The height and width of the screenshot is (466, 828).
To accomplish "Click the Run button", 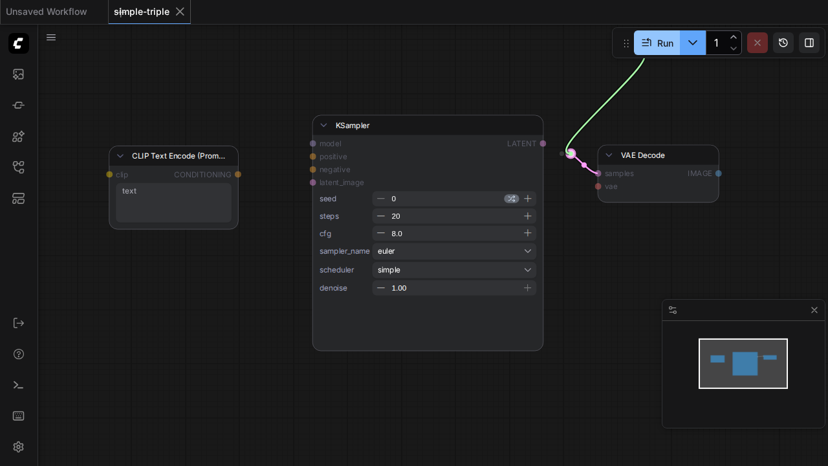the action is point(657,43).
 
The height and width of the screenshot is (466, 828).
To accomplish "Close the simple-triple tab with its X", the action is point(180,12).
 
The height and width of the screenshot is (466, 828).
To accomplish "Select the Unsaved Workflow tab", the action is point(47,12).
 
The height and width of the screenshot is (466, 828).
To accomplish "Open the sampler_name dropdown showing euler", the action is point(454,251).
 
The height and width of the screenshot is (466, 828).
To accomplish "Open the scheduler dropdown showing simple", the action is point(454,270).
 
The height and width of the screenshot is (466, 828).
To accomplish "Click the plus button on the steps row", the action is point(527,216).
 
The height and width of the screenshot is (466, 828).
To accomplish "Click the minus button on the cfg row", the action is point(381,234).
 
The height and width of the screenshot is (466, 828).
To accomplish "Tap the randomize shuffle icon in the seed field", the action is point(511,199).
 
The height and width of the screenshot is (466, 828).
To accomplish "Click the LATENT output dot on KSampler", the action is point(543,144).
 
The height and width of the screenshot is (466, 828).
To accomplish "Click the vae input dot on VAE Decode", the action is point(598,186).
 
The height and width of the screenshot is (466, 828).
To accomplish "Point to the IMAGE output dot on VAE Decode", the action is point(718,173).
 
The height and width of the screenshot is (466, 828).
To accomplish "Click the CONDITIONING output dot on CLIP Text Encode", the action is point(238,175).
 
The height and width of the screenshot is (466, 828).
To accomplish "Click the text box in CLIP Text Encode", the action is point(174,203).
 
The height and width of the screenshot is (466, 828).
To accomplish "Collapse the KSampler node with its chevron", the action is point(324,126).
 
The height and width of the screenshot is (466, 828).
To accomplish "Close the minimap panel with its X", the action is point(814,310).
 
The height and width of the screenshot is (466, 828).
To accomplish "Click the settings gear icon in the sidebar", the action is point(19,447).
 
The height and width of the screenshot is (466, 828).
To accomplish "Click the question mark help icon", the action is point(19,354).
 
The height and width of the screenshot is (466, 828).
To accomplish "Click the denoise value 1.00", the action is point(399,288).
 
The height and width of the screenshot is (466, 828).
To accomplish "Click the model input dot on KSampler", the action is point(312,144).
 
